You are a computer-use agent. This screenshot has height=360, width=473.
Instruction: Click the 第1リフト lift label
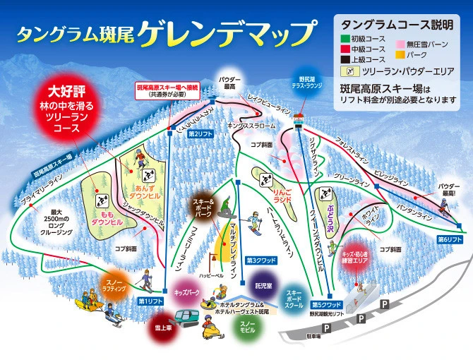click(151, 301)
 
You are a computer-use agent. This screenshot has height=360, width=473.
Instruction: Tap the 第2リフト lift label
click(201, 133)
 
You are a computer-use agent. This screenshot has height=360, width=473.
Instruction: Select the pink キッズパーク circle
click(187, 291)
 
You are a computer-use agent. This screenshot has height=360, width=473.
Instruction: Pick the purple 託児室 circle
click(263, 286)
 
